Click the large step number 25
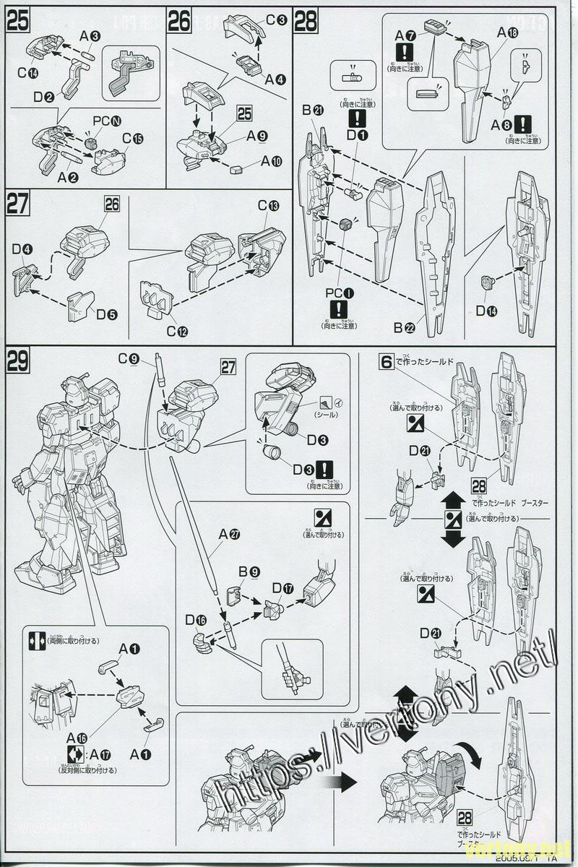click(17, 21)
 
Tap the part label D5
click(105, 314)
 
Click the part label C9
click(129, 358)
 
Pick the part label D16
click(196, 619)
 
